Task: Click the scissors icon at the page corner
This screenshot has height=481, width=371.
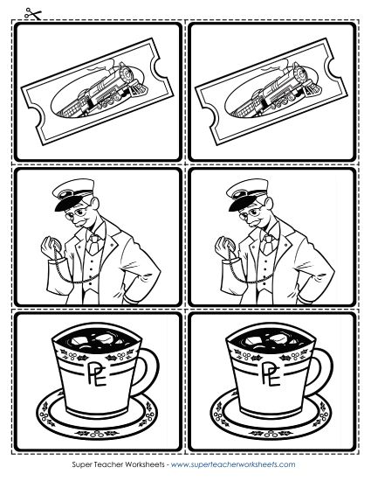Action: [x=33, y=14]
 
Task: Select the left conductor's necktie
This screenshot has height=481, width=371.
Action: [x=93, y=244]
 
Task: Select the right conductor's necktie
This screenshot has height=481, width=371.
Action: [x=267, y=244]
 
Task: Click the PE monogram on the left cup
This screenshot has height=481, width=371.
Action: [x=97, y=373]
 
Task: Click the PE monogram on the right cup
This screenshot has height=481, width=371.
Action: [x=271, y=373]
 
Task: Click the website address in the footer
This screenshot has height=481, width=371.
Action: [x=233, y=464]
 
